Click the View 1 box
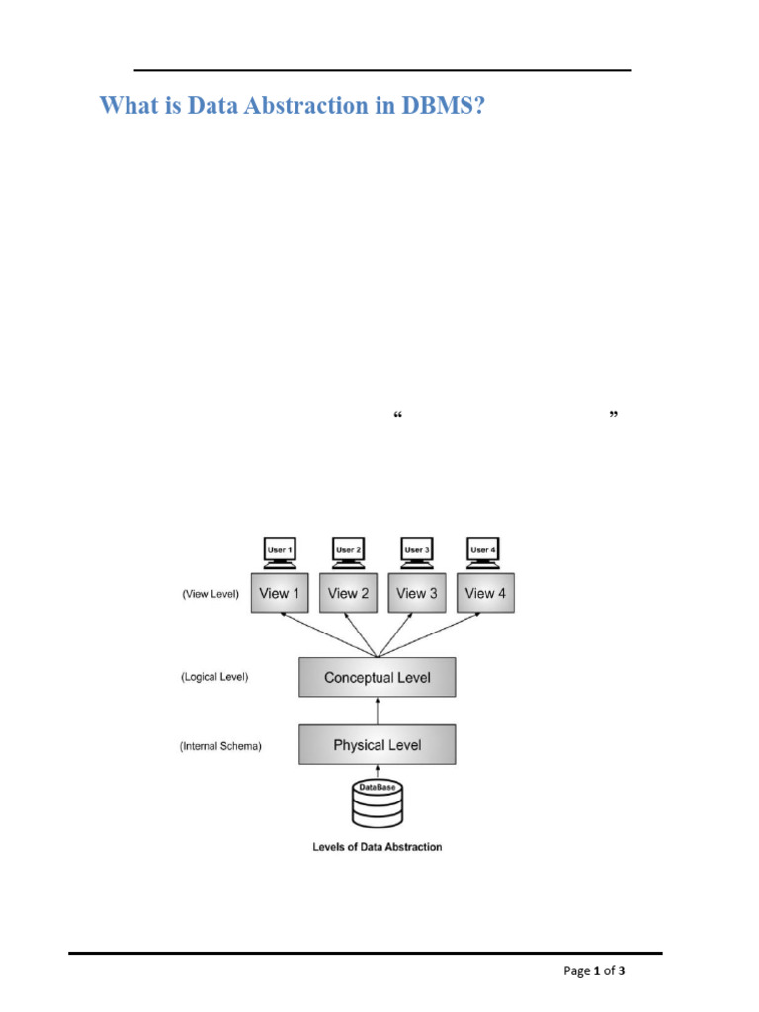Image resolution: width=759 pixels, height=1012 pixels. [x=280, y=593]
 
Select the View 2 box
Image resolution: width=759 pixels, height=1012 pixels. [x=348, y=593]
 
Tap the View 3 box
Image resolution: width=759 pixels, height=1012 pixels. [x=416, y=593]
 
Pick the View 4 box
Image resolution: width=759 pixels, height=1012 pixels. [x=484, y=593]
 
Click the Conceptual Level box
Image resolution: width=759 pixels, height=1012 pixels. [x=378, y=678]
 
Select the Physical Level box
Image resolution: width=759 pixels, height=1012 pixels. [x=378, y=745]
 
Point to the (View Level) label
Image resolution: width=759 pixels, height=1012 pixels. [x=210, y=595]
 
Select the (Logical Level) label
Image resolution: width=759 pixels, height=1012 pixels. [x=214, y=678]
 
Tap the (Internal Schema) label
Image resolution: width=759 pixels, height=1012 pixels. [x=220, y=747]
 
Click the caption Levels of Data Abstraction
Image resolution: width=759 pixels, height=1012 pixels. [x=378, y=847]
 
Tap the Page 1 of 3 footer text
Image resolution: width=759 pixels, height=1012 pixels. [x=594, y=970]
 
